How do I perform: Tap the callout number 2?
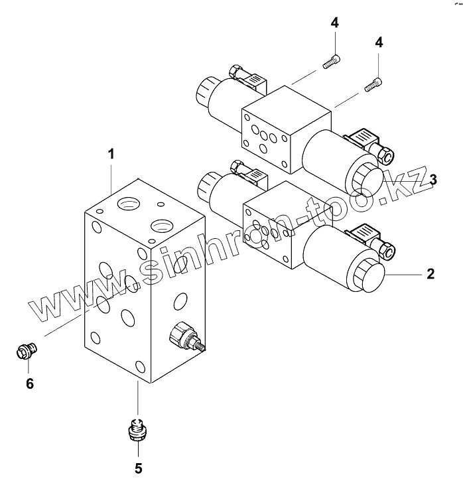point(430,273)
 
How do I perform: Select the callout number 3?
point(432,179)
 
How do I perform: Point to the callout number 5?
point(138,468)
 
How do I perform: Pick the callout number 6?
point(29,383)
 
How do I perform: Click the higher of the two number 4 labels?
point(334,23)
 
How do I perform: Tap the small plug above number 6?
point(26,348)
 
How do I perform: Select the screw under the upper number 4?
point(331,63)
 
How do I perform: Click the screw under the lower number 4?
point(373,84)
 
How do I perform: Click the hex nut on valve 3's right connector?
point(385,155)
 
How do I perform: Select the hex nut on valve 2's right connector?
point(387,249)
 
